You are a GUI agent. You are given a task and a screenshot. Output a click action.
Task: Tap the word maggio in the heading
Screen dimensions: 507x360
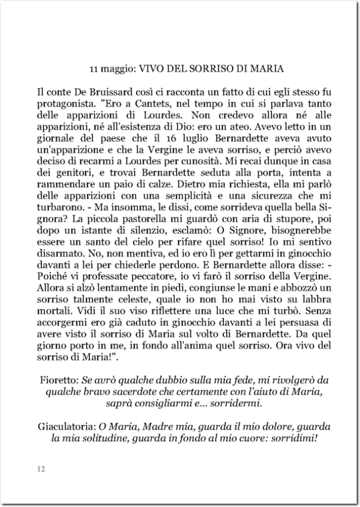point(115,71)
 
